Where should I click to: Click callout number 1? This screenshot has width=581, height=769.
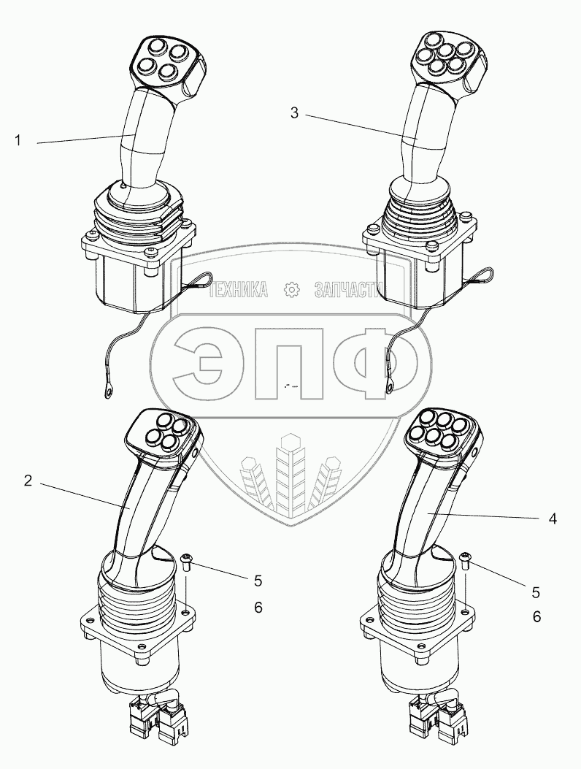point(18,141)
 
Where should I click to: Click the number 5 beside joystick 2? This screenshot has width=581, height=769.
point(257,581)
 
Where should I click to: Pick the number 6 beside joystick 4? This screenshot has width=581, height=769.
point(536,616)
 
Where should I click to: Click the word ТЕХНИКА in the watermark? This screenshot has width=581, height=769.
point(237,291)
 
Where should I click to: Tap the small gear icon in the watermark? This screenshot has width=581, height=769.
point(290,291)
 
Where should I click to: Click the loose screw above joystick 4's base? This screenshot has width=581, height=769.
point(467,560)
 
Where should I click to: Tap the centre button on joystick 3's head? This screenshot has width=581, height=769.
point(440,59)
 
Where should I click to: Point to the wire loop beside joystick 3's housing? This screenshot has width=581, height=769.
point(461,275)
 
